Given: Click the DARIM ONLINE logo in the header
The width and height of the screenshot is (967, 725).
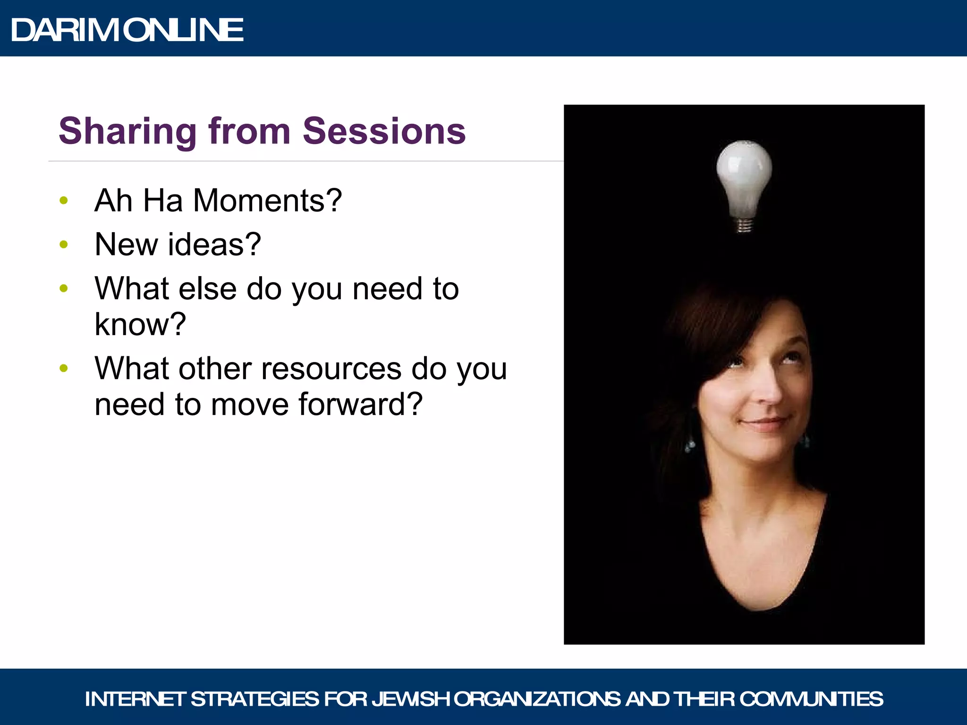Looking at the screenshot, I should point(127,30).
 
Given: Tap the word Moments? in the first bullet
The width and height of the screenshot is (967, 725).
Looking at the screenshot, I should point(267,201).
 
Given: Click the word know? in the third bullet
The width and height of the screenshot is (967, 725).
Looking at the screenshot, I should point(140,324).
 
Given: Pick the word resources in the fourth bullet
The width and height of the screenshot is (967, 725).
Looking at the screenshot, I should point(331,369).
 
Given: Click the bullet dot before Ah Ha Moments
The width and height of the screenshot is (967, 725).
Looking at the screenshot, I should point(64,201).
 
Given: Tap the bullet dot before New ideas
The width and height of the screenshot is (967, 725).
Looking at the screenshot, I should point(64,244).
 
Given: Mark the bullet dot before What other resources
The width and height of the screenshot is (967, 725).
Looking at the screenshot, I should point(64,369).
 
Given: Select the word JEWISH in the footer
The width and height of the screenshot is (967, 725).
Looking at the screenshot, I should point(410,699).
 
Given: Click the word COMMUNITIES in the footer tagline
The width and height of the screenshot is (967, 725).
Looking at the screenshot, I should point(811,699).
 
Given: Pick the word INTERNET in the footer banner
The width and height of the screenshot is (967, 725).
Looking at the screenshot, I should point(135,699).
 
